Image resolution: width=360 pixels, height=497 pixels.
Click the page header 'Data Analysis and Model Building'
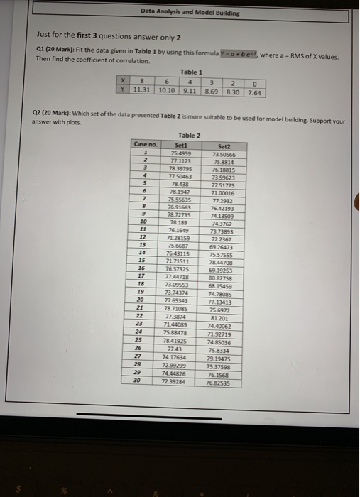click(190, 13)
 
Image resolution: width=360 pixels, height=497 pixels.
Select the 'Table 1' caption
click(191, 72)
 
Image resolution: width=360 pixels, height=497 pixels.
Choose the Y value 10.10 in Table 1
click(168, 92)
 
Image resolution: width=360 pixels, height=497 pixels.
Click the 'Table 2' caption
click(189, 135)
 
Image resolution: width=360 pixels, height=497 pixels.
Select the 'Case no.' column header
click(145, 144)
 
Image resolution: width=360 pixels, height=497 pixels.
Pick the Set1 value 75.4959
click(180, 151)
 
